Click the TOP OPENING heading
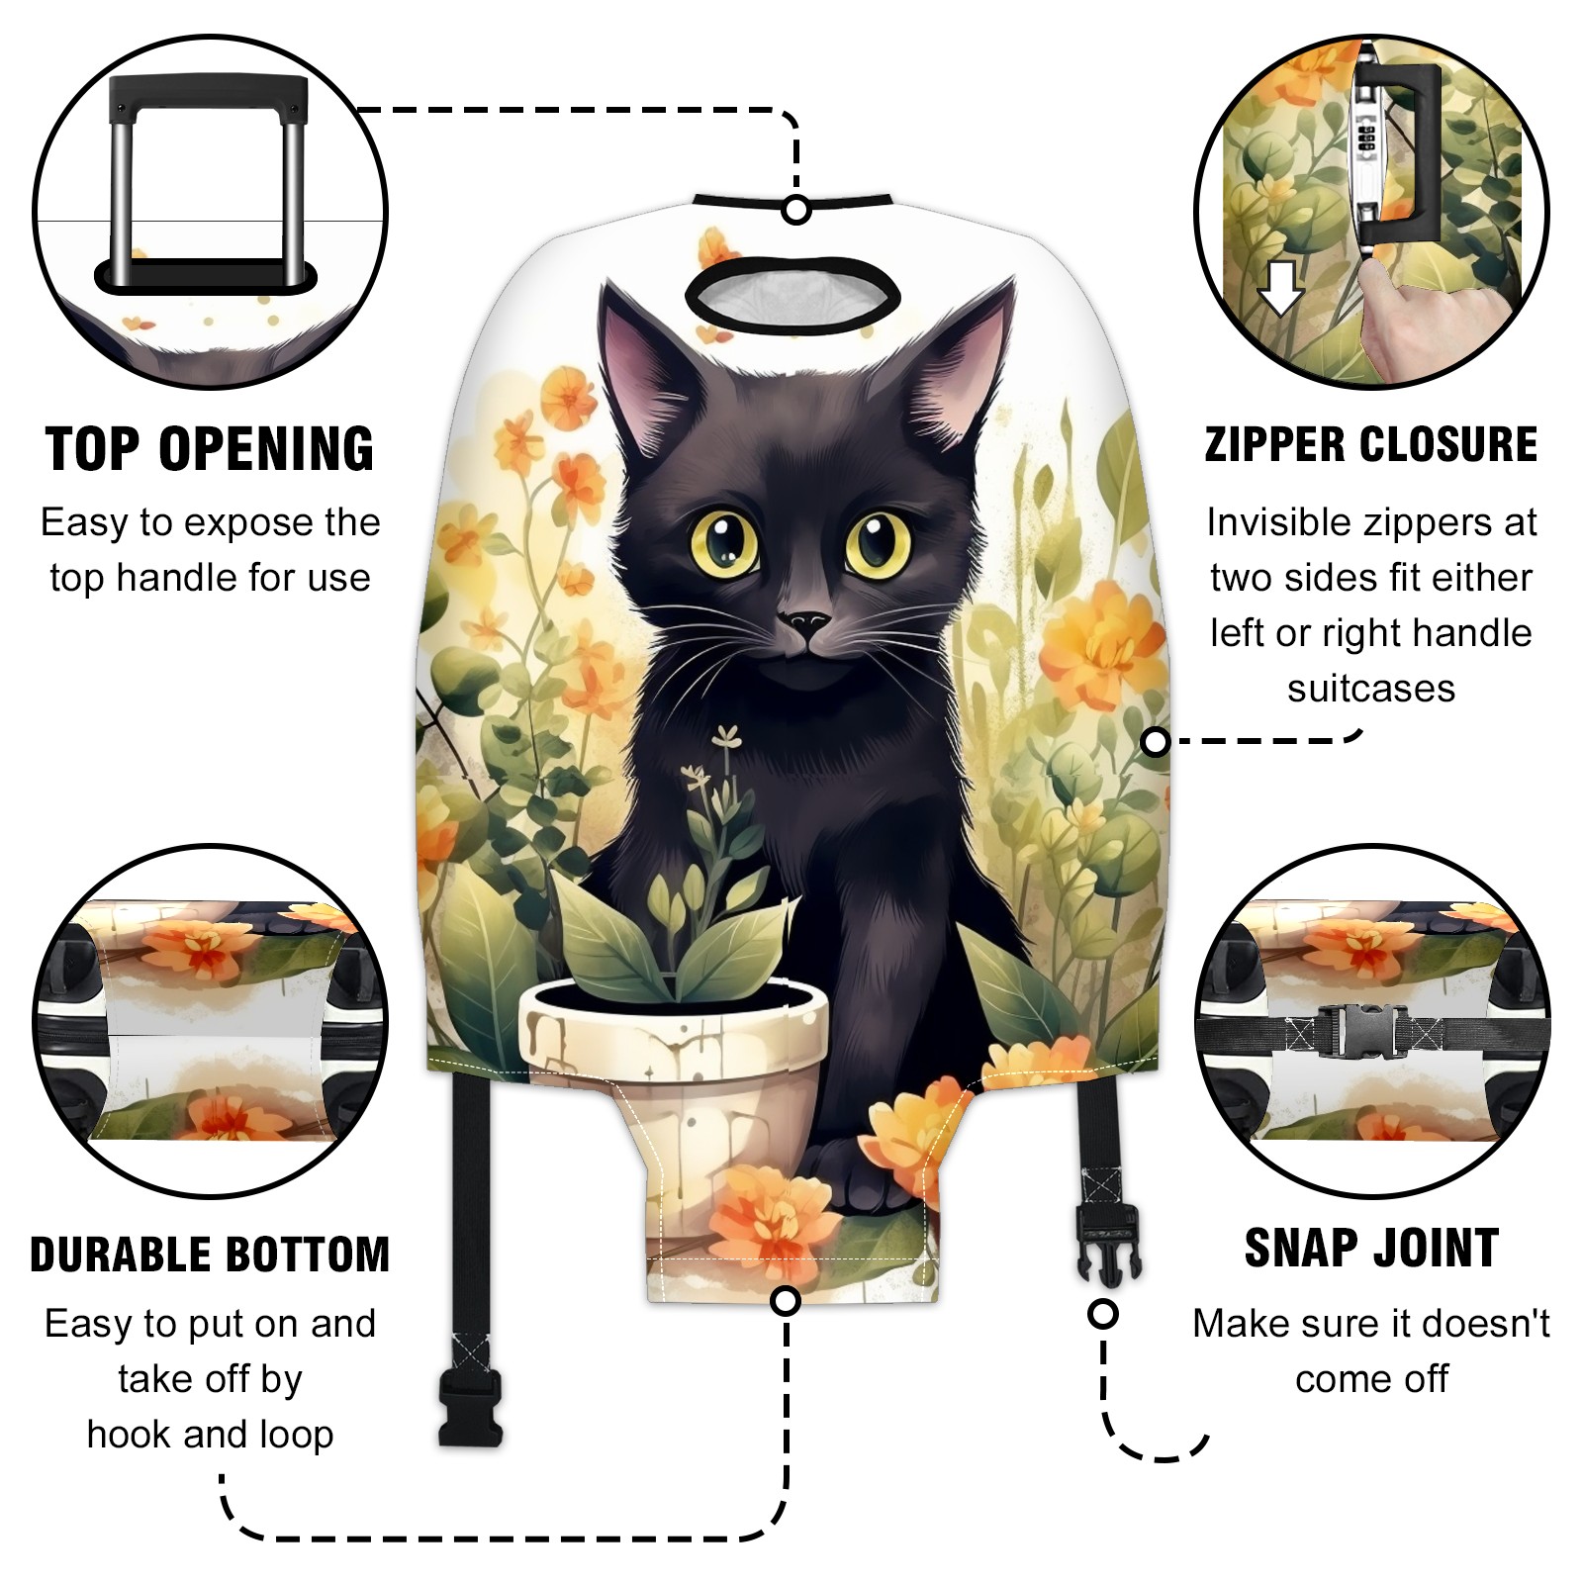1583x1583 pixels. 211,449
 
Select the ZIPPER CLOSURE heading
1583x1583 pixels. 1371,444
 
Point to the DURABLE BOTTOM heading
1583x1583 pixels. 211,1255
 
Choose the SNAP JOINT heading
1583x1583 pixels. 1371,1248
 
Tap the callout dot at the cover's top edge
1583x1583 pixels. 796,210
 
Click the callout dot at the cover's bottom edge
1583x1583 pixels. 786,1301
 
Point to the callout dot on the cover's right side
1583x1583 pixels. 1156,741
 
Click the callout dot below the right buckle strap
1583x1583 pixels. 1103,1315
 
